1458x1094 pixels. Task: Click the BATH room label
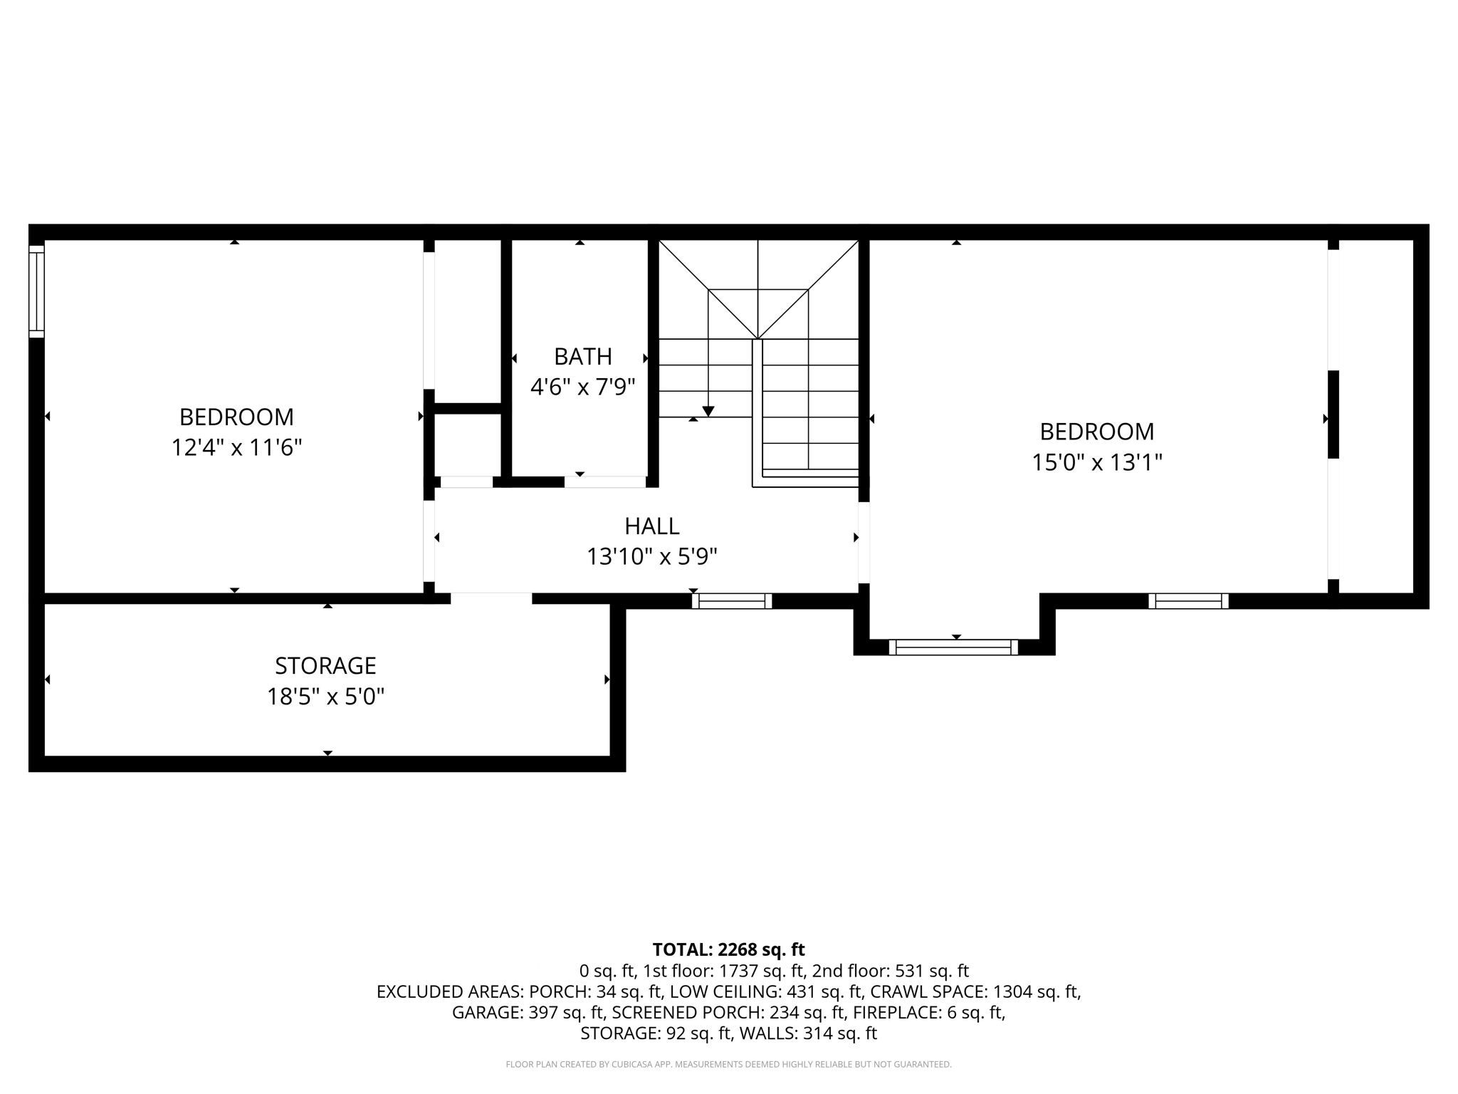pyautogui.click(x=582, y=356)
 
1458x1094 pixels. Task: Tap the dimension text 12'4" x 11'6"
pyautogui.click(x=236, y=448)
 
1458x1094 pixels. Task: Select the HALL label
pyautogui.click(x=651, y=526)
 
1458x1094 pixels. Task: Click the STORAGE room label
pyautogui.click(x=325, y=666)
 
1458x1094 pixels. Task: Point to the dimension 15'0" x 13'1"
pyautogui.click(x=1096, y=463)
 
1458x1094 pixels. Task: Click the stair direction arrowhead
pyautogui.click(x=708, y=412)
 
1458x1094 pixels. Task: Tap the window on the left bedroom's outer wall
pyautogui.click(x=36, y=291)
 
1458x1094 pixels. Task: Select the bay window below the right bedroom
pyautogui.click(x=953, y=647)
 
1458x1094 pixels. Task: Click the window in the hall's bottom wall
pyautogui.click(x=732, y=601)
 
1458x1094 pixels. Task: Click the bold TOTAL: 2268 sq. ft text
pyautogui.click(x=728, y=949)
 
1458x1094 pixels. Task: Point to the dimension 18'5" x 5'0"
pyautogui.click(x=325, y=697)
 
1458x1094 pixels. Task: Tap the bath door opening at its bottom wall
pyautogui.click(x=605, y=482)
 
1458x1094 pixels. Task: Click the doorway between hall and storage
pyautogui.click(x=491, y=598)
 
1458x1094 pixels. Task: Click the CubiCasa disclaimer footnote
pyautogui.click(x=728, y=1065)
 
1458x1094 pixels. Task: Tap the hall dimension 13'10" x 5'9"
pyautogui.click(x=651, y=557)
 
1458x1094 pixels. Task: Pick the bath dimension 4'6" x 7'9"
pyautogui.click(x=582, y=387)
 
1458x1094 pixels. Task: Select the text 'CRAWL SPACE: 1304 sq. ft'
pyautogui.click(x=975, y=991)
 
